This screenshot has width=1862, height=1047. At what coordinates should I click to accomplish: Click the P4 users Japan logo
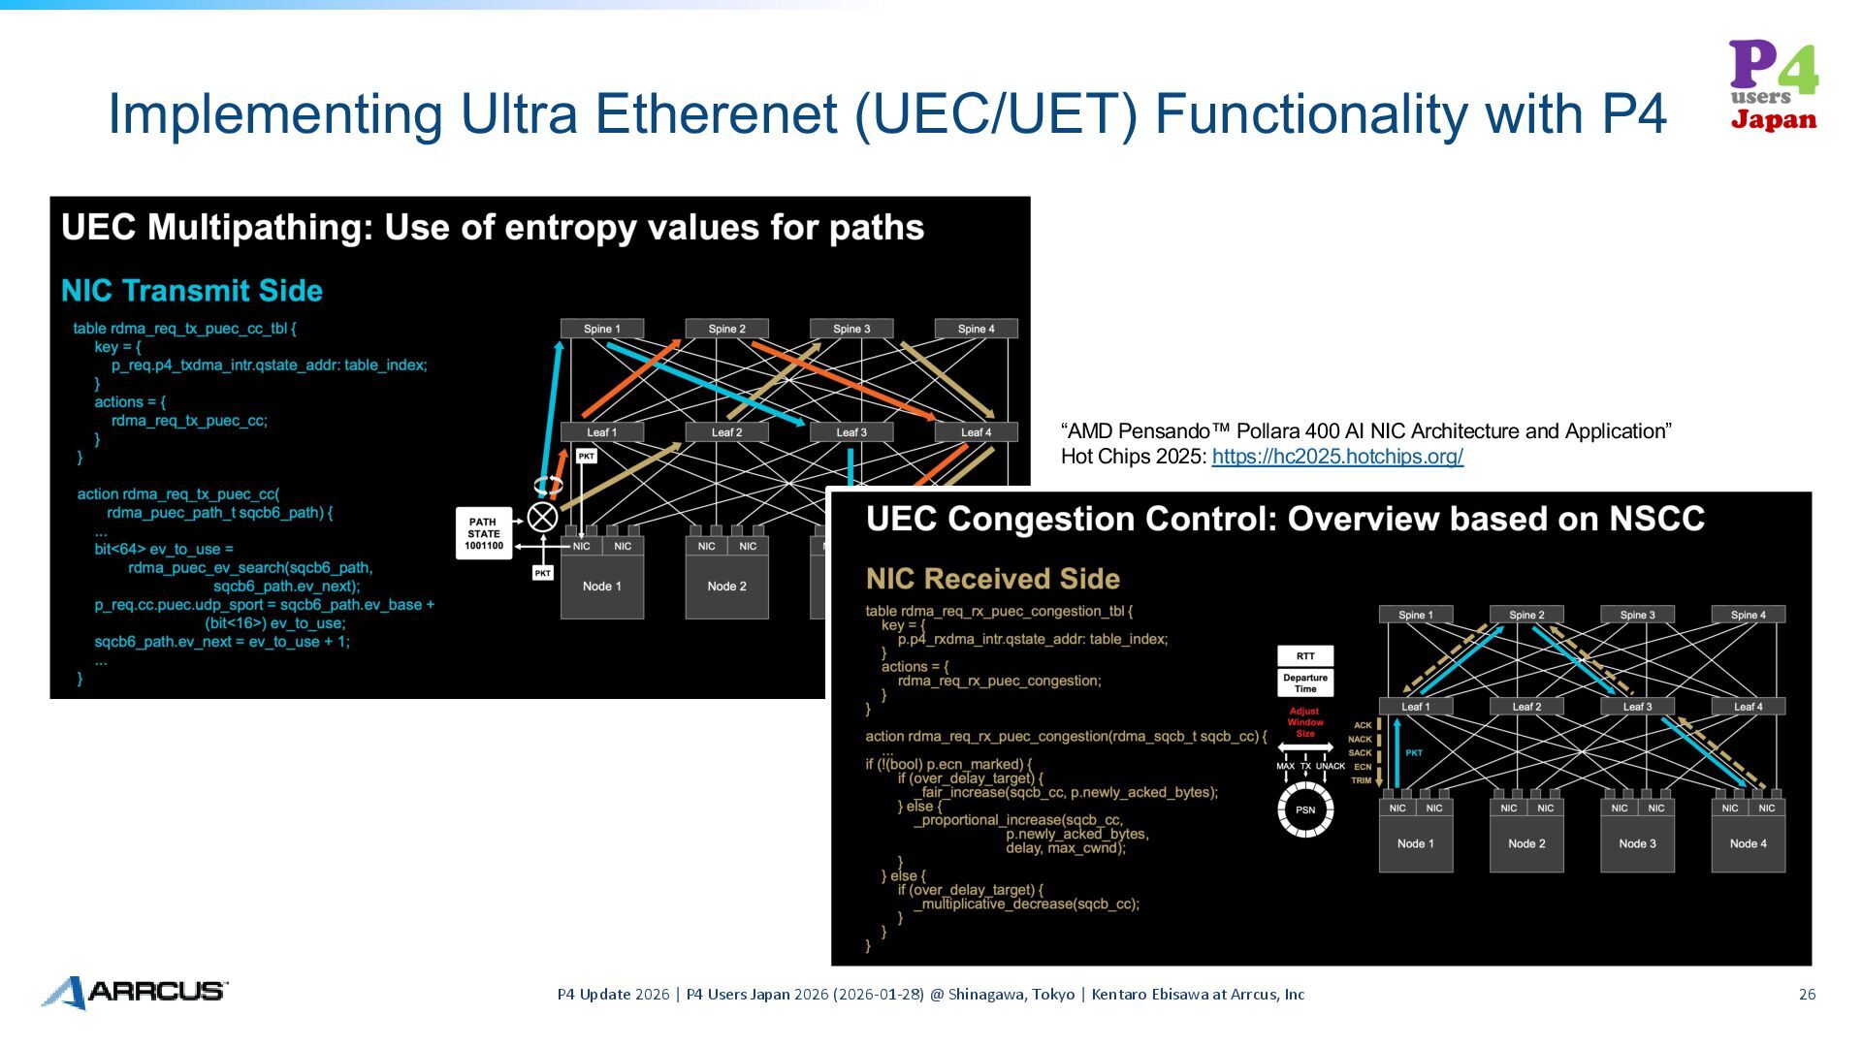point(1774,85)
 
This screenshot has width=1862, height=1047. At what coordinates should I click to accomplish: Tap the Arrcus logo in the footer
point(135,992)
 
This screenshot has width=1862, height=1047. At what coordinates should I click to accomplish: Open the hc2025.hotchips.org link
point(1336,457)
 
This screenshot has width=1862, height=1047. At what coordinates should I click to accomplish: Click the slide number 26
point(1807,995)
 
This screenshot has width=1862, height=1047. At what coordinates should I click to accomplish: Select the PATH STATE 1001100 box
point(483,534)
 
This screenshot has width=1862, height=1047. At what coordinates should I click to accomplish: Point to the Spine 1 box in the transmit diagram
point(602,329)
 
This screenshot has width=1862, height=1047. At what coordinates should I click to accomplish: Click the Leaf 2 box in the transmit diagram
point(726,432)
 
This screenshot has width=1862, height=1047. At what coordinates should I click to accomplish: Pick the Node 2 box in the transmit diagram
point(726,587)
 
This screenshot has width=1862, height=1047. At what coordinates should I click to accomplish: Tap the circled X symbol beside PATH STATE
point(542,517)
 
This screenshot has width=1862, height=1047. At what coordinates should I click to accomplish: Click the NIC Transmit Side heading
point(192,291)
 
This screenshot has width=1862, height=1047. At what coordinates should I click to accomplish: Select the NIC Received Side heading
point(992,579)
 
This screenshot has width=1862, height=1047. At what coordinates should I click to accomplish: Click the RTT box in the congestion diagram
point(1305,656)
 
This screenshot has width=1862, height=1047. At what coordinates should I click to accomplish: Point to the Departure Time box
point(1305,683)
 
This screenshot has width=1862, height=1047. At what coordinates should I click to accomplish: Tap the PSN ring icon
point(1305,810)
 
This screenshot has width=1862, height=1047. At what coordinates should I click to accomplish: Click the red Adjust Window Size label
point(1305,722)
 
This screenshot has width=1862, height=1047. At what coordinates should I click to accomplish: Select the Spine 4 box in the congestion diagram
point(1749,615)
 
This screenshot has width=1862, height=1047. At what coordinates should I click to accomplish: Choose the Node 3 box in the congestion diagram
point(1637,844)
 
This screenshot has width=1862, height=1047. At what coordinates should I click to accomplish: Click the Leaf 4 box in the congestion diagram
point(1749,707)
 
